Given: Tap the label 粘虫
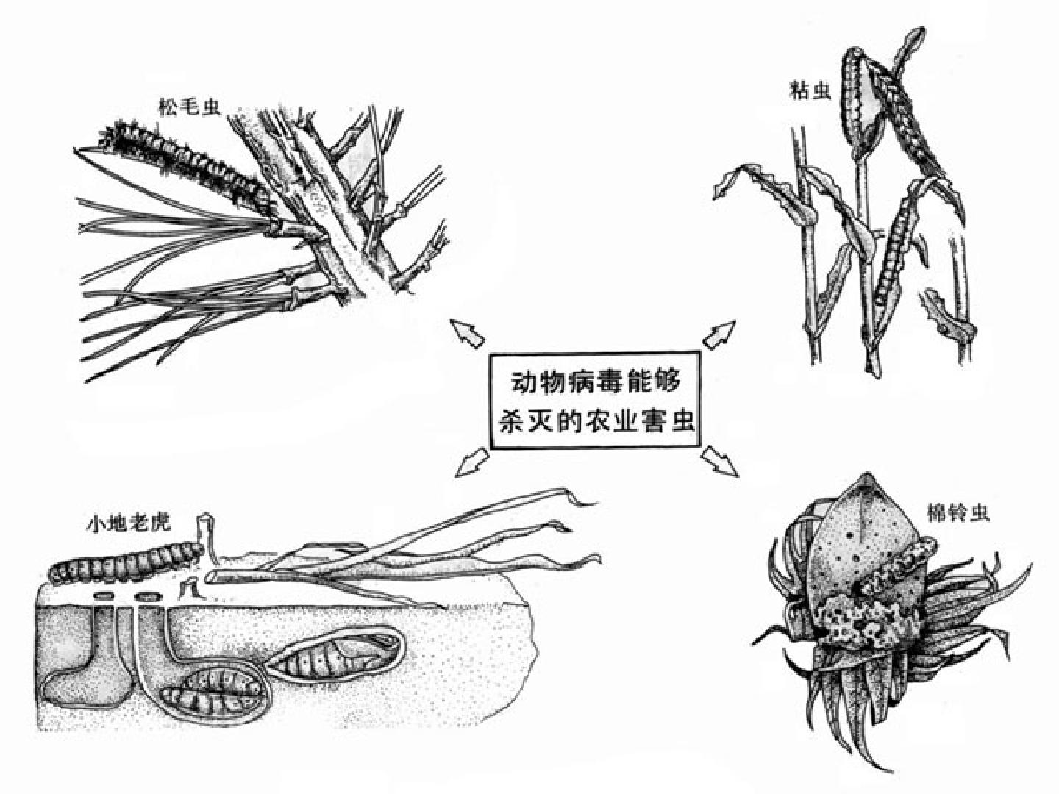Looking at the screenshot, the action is tap(810, 90).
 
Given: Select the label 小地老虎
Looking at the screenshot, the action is tap(129, 523).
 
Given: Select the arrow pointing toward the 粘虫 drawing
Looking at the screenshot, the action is tap(719, 334).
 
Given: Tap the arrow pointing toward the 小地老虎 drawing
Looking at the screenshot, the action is tap(472, 462).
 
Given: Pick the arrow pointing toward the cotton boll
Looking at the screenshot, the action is tap(719, 462).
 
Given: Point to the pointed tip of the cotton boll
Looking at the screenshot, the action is tap(868, 474).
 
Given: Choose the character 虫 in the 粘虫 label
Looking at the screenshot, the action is tap(821, 90).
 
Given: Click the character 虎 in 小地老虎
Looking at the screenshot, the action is tap(161, 523).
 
